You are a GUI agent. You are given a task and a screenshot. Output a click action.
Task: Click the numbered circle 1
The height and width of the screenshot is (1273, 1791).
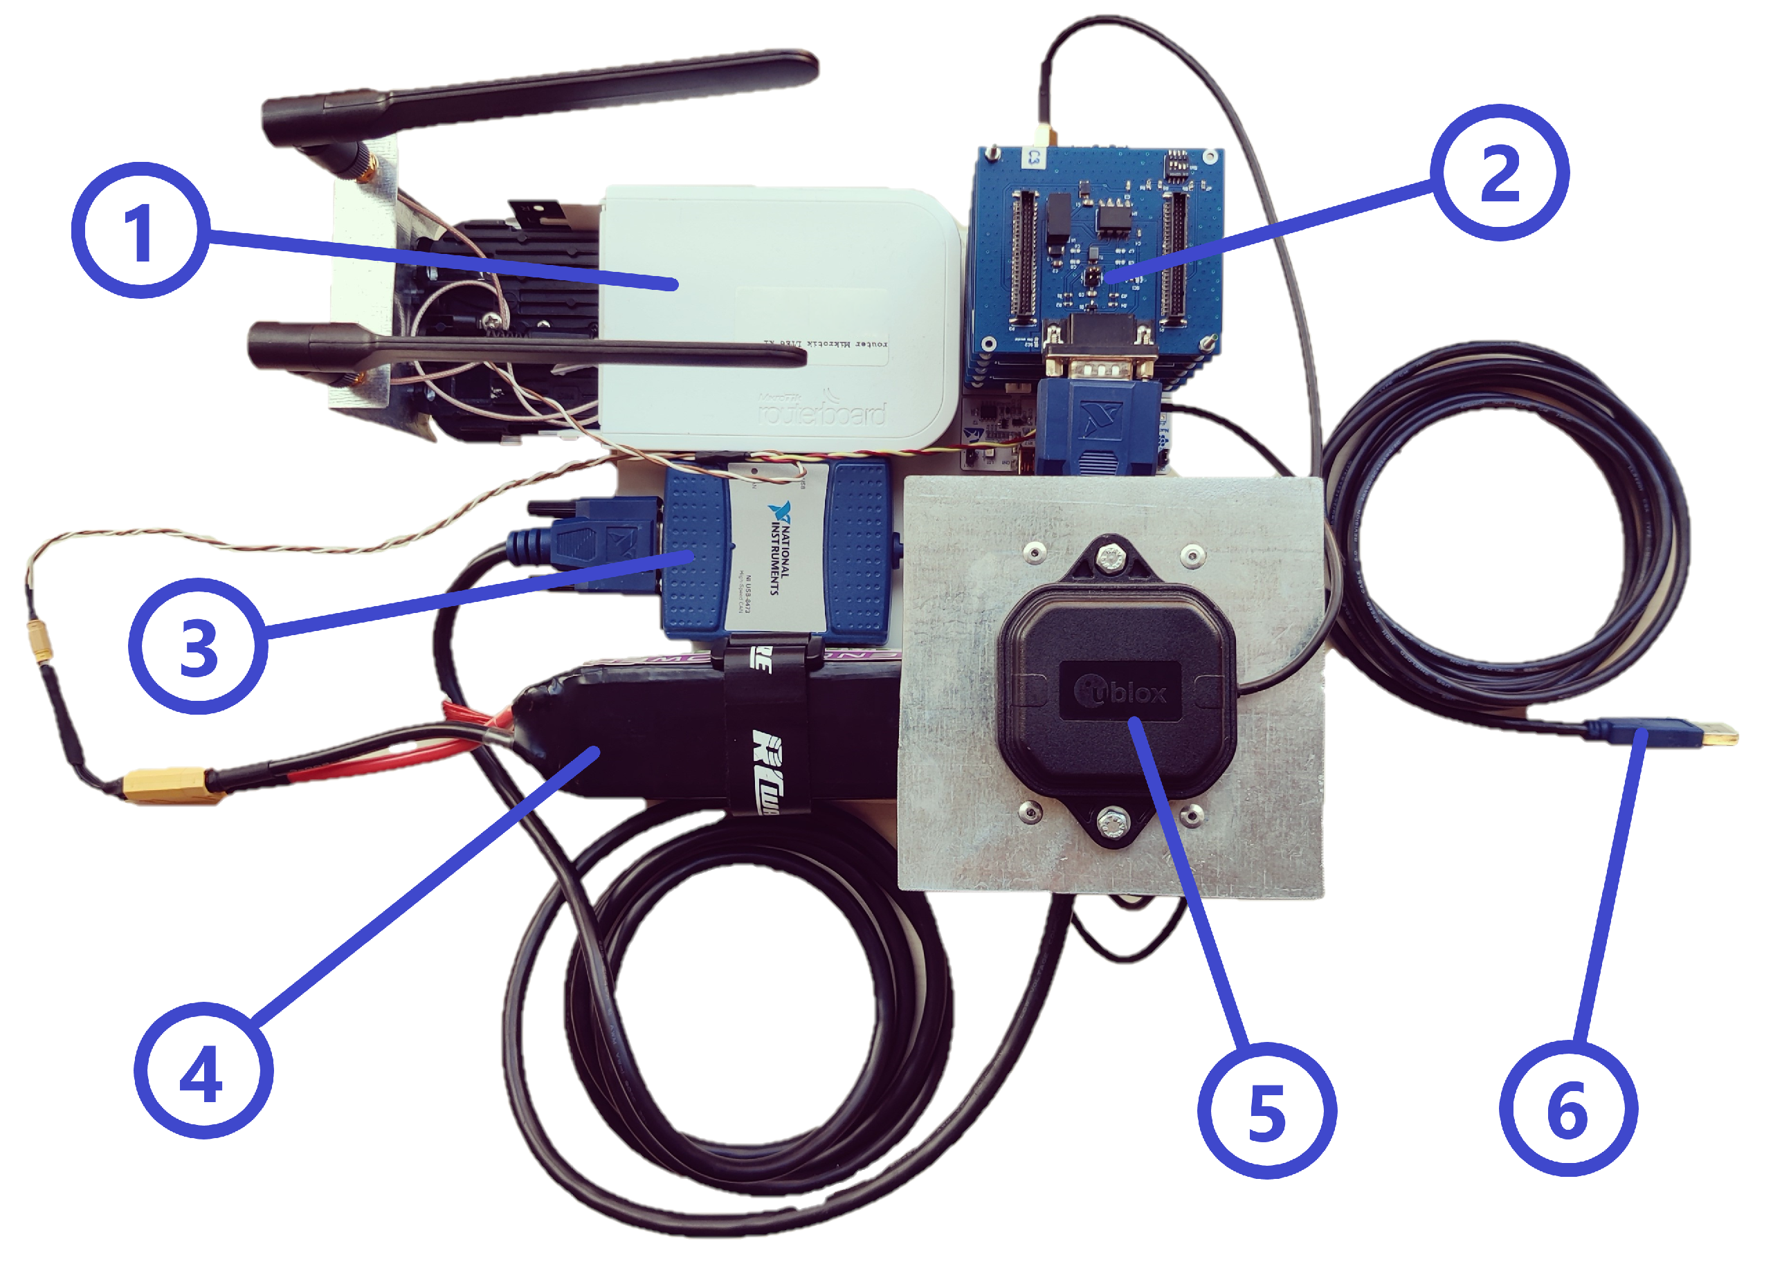pyautogui.click(x=141, y=230)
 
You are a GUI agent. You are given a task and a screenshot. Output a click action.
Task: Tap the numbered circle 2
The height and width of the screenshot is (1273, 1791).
pyautogui.click(x=1498, y=172)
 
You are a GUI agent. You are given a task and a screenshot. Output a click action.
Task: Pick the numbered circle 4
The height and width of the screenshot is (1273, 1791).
pyautogui.click(x=203, y=1071)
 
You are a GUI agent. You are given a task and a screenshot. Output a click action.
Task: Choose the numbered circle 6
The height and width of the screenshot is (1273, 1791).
pyautogui.click(x=1567, y=1108)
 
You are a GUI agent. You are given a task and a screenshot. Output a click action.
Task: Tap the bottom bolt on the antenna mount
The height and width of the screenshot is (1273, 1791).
pyautogui.click(x=1110, y=824)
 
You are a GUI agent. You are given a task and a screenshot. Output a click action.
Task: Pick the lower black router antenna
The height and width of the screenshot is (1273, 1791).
pyautogui.click(x=525, y=349)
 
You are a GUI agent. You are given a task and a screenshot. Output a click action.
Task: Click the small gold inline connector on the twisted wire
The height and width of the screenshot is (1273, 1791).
pyautogui.click(x=37, y=641)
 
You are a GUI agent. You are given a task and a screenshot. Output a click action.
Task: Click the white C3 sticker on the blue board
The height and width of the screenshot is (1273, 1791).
pyautogui.click(x=1033, y=157)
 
